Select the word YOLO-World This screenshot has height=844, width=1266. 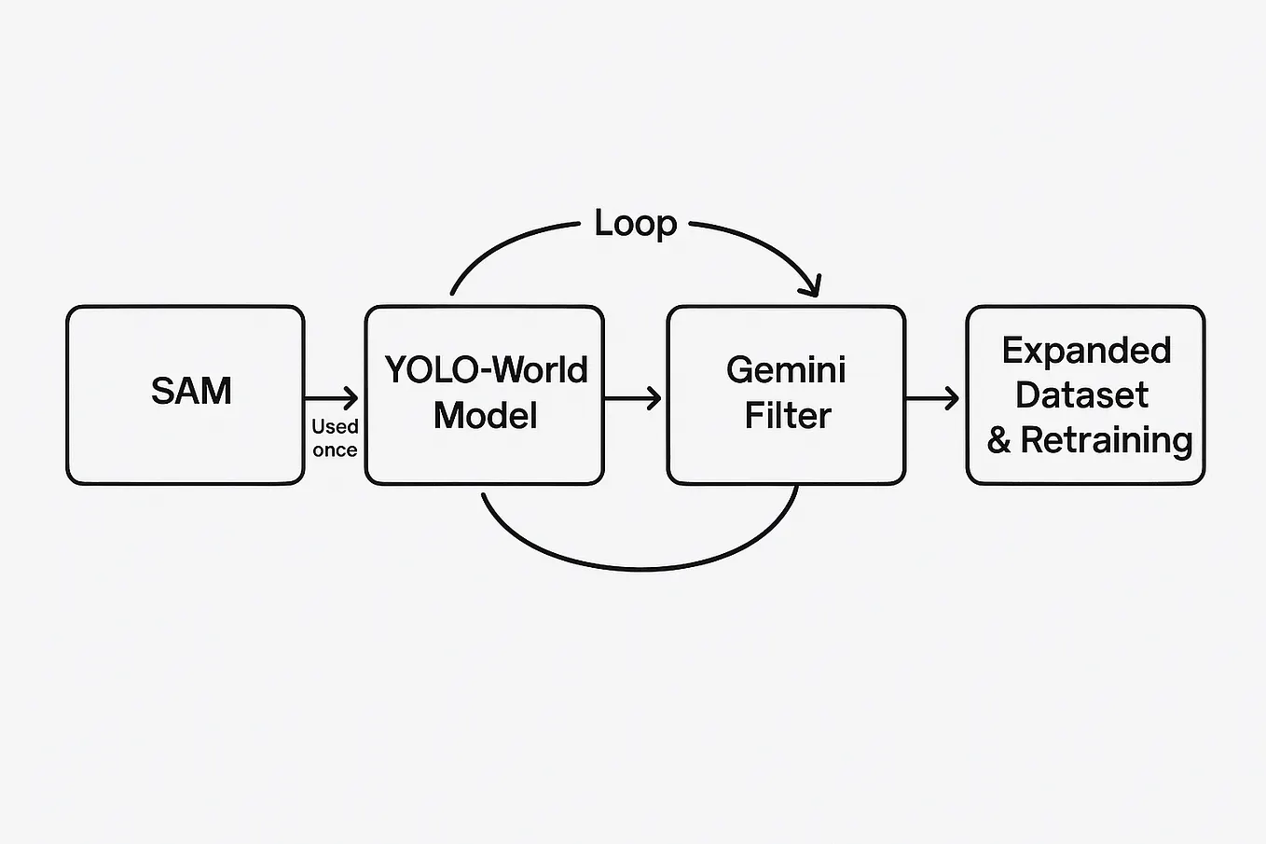click(486, 370)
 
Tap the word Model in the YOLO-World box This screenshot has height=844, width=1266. click(485, 415)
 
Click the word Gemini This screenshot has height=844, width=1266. click(786, 370)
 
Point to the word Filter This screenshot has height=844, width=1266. click(787, 415)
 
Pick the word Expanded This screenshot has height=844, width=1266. click(1086, 351)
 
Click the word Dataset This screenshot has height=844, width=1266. click(1081, 395)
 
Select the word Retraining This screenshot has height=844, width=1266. click(1107, 440)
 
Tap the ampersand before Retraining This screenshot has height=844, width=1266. click(998, 440)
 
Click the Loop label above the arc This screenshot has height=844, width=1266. click(636, 224)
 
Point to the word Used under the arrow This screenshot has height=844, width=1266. click(335, 426)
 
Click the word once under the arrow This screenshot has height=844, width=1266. click(335, 450)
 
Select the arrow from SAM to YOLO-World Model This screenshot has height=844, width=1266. click(331, 398)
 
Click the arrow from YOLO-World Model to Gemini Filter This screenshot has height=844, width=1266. click(633, 398)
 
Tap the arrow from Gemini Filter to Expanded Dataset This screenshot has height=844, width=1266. click(932, 398)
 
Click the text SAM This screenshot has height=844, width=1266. click(191, 391)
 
